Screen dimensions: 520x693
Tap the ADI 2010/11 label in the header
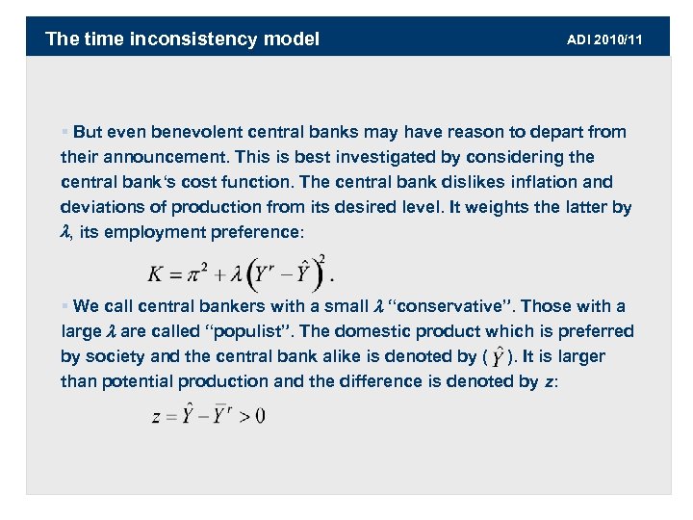coord(604,39)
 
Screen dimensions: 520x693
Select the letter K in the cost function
coord(155,274)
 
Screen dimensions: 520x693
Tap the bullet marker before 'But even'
coord(65,132)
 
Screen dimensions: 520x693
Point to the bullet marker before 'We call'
coord(65,307)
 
